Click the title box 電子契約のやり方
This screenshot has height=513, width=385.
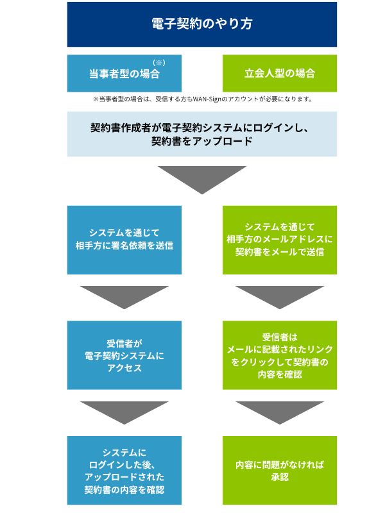pyautogui.click(x=201, y=24)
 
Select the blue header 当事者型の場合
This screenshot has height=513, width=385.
pyautogui.click(x=124, y=74)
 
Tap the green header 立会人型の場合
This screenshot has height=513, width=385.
pyautogui.click(x=280, y=74)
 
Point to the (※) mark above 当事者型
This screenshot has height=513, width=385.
pyautogui.click(x=159, y=63)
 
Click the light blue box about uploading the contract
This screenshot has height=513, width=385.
pyautogui.click(x=201, y=134)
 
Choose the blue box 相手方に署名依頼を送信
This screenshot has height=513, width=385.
pyautogui.click(x=124, y=239)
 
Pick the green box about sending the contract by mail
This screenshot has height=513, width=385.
pyautogui.click(x=280, y=239)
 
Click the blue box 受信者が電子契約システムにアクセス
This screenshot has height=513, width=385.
pyautogui.click(x=124, y=355)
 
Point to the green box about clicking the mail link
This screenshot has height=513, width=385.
pyautogui.click(x=280, y=355)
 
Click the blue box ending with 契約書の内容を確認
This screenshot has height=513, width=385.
pyautogui.click(x=124, y=471)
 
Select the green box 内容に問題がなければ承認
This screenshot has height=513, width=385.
pyautogui.click(x=280, y=471)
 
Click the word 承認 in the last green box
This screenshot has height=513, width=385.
pyautogui.click(x=280, y=477)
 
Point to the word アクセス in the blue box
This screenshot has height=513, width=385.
pyautogui.click(x=124, y=368)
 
